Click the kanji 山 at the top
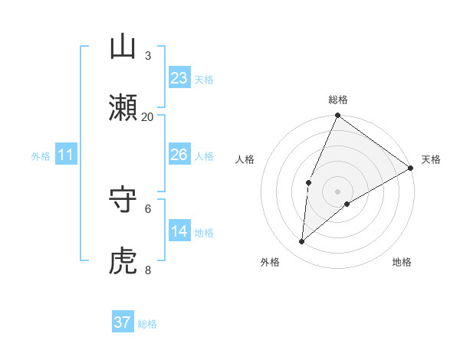[123, 47]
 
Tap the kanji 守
[123, 200]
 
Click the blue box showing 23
[179, 78]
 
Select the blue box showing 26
[179, 155]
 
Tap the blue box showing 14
[179, 231]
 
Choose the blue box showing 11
[66, 155]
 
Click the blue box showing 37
[122, 322]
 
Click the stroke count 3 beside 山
[148, 55]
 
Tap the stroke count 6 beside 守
[148, 208]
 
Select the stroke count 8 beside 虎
[148, 269]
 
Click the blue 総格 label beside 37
[148, 324]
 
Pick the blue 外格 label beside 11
[41, 156]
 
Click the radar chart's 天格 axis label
[431, 159]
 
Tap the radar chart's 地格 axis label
[402, 262]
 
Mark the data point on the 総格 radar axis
[337, 116]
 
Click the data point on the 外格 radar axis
[302, 242]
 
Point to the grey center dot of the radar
[337, 191]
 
